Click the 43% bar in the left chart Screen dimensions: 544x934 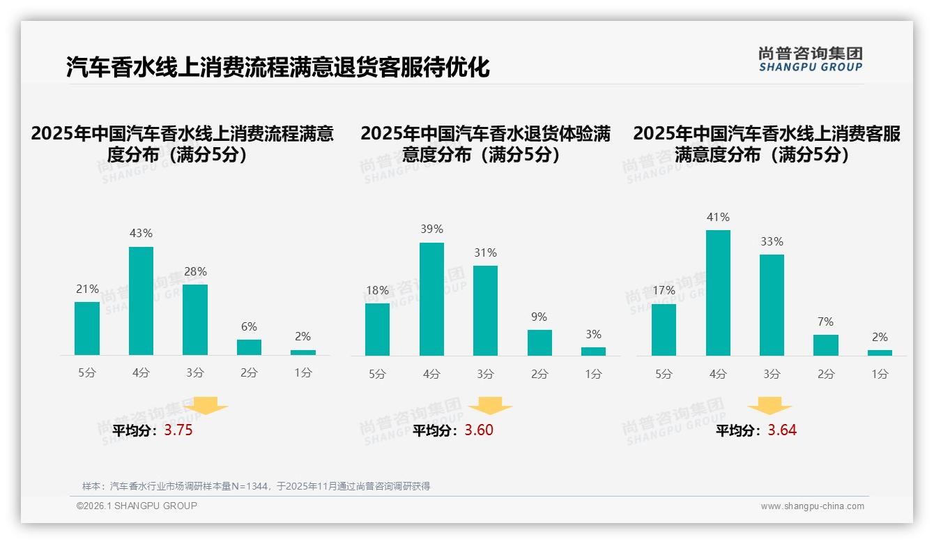tap(141, 301)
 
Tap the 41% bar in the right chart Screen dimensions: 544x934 tap(718, 293)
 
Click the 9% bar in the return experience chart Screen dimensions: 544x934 tap(539, 342)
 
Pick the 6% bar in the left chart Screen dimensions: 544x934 tap(249, 347)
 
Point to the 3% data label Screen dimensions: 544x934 tap(593, 335)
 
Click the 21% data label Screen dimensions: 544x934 tap(87, 289)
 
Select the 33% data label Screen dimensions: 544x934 tap(772, 242)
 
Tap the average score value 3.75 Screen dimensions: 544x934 tap(178, 430)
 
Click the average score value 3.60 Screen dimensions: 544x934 tap(479, 430)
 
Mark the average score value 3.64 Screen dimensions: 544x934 tap(782, 430)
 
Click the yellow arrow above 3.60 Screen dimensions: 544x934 tap(490, 406)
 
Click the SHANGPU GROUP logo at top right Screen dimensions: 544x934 tap(810, 59)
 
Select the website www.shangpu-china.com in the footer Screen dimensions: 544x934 tap(812, 506)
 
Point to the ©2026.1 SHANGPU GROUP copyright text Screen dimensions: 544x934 tap(137, 506)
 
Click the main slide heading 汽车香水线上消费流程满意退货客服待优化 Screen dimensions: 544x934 tap(277, 68)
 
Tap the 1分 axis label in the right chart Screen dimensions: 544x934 tap(880, 375)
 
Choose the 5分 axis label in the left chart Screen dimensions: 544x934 tap(87, 373)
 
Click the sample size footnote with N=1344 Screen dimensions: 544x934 tap(256, 486)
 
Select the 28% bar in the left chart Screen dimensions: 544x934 tap(195, 319)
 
